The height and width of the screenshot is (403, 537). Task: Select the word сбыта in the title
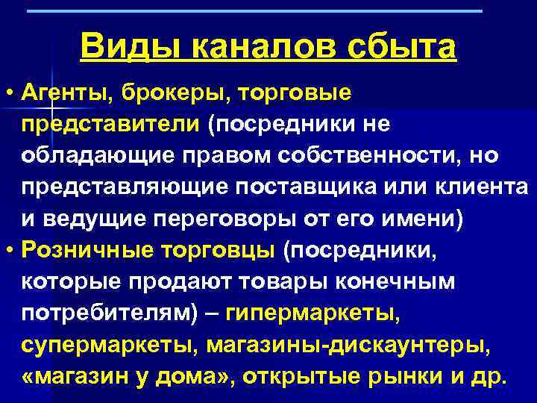[x=403, y=48]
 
